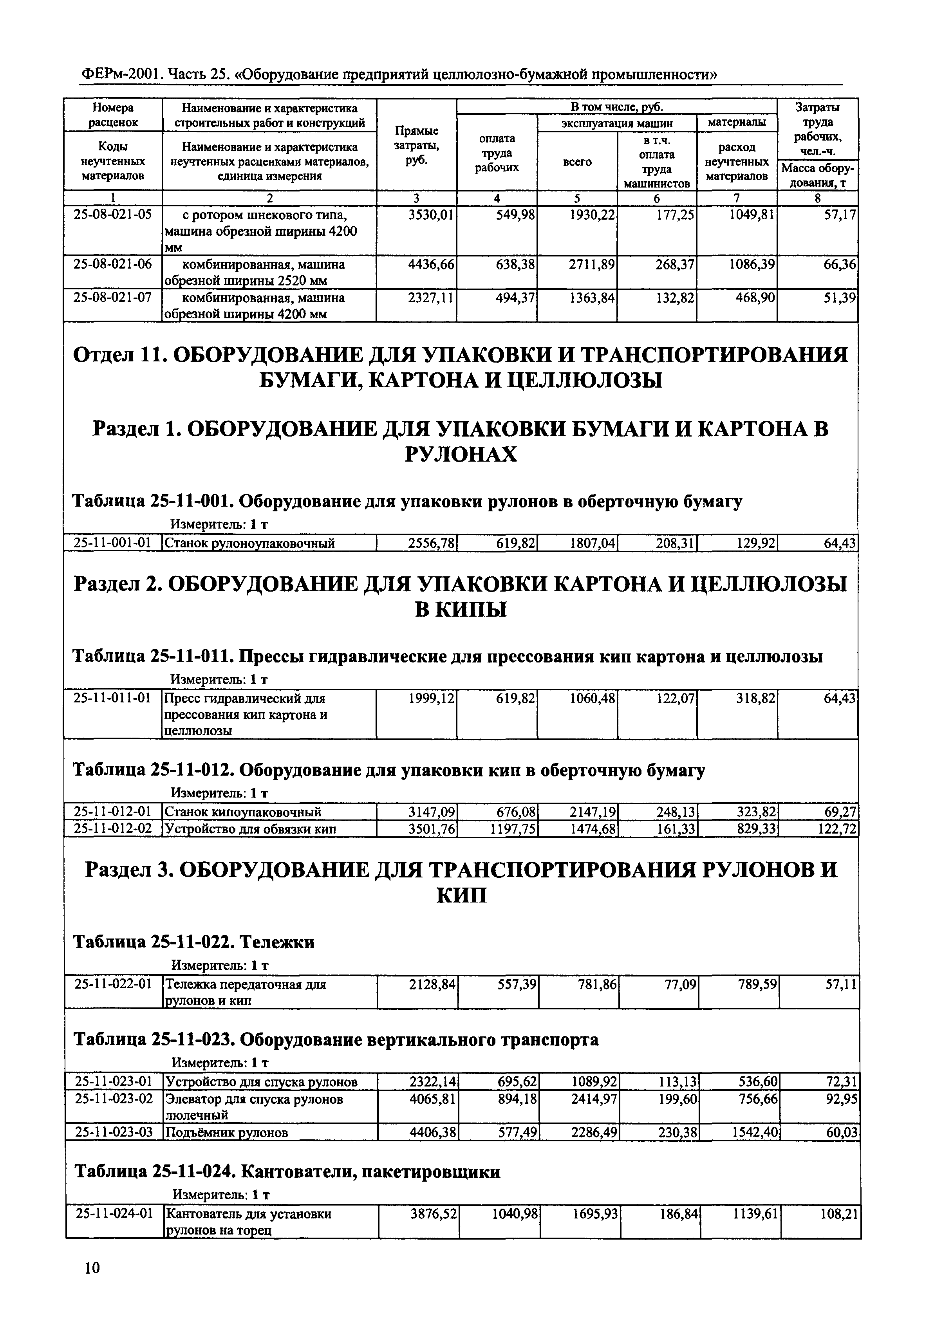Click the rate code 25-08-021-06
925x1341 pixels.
click(113, 264)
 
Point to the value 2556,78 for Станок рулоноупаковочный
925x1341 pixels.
click(432, 543)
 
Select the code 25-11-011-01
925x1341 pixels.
click(113, 698)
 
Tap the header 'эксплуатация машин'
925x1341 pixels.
click(617, 123)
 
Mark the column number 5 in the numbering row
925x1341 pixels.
click(577, 198)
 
